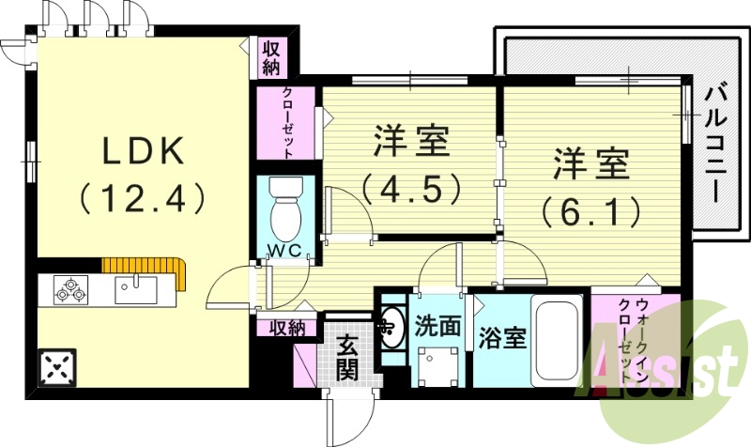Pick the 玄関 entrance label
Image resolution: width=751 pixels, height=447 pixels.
coord(347,358)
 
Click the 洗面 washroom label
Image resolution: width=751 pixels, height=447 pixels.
coord(439,326)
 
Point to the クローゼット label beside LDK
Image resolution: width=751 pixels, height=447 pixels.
coord(289,123)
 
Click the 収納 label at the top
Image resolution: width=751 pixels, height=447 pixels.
coord(271,57)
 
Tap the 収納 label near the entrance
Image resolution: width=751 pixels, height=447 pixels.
coord(287,327)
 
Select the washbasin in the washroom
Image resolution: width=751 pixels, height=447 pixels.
coord(391,326)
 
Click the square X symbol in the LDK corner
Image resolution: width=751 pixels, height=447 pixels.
coord(57,366)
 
